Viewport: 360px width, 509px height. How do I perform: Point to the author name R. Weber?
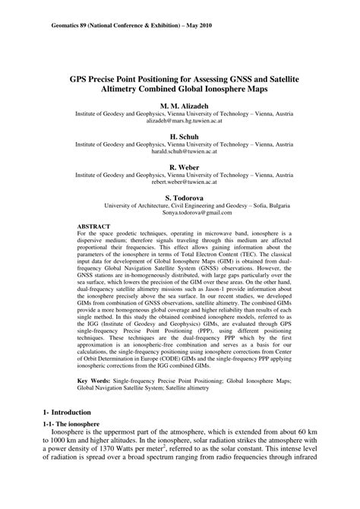(x=179, y=166)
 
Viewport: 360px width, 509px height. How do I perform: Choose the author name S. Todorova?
(x=179, y=197)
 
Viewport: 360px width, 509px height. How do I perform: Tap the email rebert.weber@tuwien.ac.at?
(x=179, y=182)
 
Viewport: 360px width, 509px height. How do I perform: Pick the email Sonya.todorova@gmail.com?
(x=179, y=213)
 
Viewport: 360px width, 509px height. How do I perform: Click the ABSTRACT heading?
(x=94, y=226)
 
